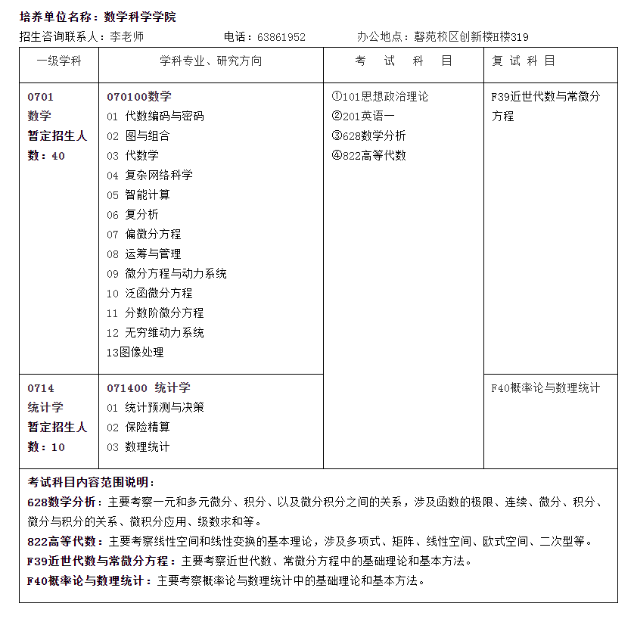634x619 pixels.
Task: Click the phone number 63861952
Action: point(281,36)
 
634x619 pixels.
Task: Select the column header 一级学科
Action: point(58,61)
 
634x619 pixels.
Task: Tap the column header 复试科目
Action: point(524,61)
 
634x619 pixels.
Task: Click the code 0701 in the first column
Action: point(41,97)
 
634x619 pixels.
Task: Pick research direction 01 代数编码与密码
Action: point(155,117)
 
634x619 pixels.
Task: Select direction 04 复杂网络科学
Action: point(150,176)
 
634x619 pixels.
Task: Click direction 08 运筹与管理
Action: point(144,254)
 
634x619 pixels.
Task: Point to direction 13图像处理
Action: point(135,353)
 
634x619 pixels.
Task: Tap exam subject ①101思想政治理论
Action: point(380,97)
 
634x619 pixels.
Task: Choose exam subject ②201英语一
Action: point(363,117)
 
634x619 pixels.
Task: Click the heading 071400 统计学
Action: point(148,388)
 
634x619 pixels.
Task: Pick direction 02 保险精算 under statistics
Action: point(138,428)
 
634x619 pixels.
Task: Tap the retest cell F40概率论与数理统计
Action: point(545,388)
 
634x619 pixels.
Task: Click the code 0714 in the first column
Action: point(41,388)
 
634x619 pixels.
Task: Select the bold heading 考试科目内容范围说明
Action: point(91,482)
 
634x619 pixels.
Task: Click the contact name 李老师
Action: point(126,36)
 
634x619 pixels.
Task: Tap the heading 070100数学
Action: point(139,97)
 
